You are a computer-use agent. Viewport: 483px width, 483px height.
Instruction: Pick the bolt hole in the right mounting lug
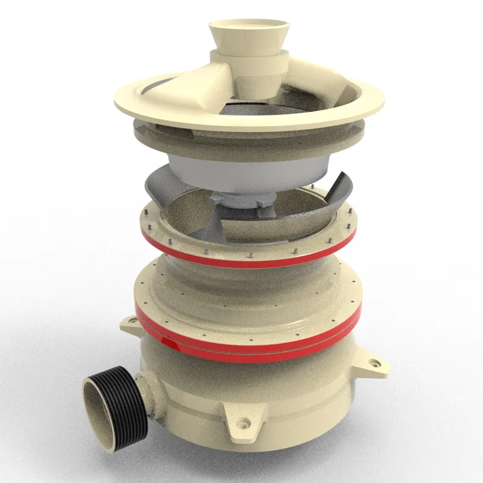point(375,364)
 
